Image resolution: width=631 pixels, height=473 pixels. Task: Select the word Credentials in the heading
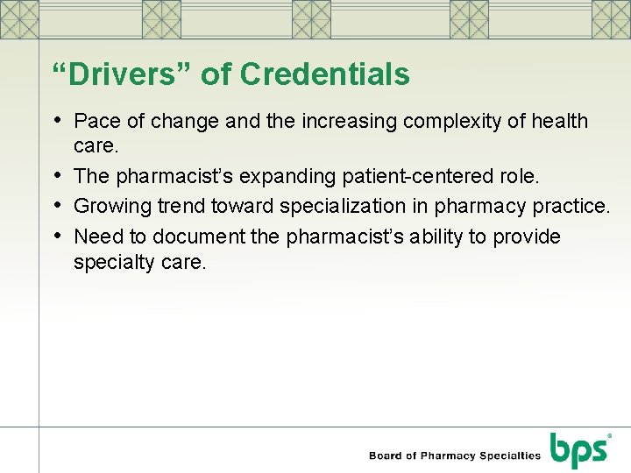tap(324, 75)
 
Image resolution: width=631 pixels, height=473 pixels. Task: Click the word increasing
tap(350, 121)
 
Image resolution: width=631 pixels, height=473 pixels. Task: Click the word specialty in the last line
tap(112, 262)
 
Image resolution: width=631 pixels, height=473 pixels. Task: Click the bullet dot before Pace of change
tap(59, 120)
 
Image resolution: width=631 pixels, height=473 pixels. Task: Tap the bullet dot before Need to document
tap(59, 236)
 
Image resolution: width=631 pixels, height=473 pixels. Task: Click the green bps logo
tap(578, 450)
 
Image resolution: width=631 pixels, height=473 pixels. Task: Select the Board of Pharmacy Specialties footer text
tap(455, 455)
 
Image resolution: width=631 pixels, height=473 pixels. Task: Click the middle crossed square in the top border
tap(312, 18)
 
